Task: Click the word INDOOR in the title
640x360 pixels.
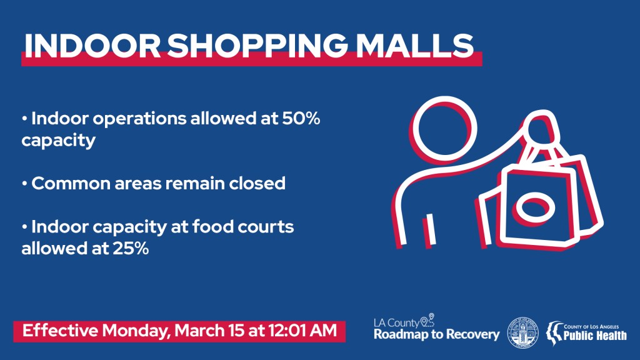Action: pyautogui.click(x=92, y=45)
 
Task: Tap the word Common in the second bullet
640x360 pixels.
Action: pyautogui.click(x=71, y=184)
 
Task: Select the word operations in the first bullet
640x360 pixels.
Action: pyautogui.click(x=139, y=119)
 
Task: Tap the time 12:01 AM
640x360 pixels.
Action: pyautogui.click(x=302, y=330)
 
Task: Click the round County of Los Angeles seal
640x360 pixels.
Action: pyautogui.click(x=523, y=332)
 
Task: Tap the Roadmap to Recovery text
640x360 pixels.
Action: pyautogui.click(x=437, y=335)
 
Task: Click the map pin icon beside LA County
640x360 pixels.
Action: pyautogui.click(x=427, y=321)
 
